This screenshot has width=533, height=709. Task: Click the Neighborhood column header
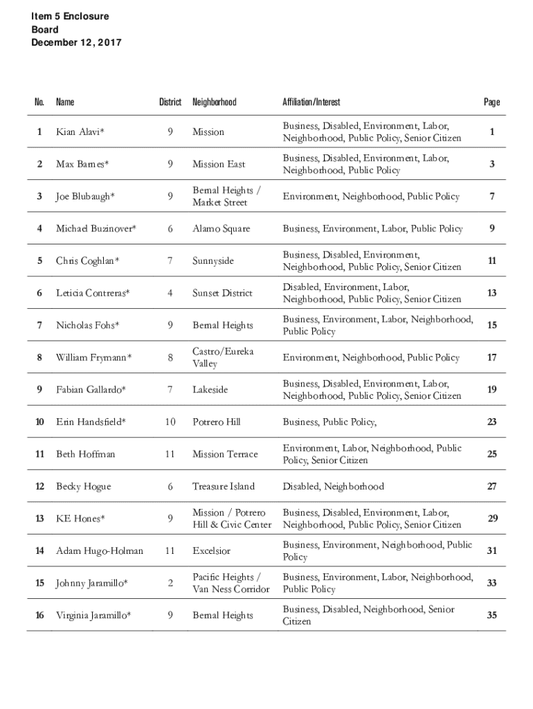point(214,102)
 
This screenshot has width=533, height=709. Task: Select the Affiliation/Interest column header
point(311,102)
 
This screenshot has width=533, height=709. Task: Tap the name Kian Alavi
point(80,132)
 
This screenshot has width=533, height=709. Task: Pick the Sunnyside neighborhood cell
point(213,261)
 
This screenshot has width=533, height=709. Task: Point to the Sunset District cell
point(222,293)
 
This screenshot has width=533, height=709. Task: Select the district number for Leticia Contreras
point(170,293)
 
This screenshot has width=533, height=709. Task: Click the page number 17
point(491,357)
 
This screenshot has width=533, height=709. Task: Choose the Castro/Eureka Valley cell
point(223,357)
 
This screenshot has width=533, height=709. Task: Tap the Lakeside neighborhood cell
point(210,390)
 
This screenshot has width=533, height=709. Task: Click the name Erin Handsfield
point(91,422)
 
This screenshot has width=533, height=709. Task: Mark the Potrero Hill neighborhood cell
point(217,422)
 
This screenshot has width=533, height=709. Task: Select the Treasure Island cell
point(223,486)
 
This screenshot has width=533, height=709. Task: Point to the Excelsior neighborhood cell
point(211,550)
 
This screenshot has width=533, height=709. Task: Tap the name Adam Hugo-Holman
point(100,550)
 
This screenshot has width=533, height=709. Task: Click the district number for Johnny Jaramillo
point(170,583)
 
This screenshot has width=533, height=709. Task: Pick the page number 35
point(491,615)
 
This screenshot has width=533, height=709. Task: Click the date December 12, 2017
point(75,43)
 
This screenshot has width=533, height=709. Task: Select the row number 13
point(39,519)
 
